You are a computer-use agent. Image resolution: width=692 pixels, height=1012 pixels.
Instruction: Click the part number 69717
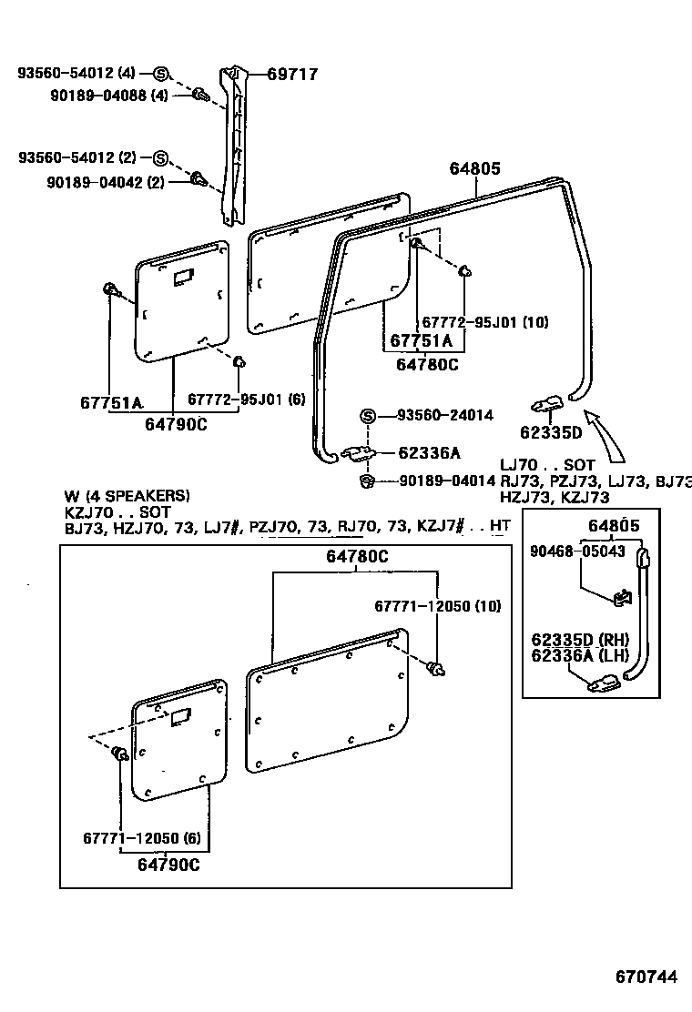292,75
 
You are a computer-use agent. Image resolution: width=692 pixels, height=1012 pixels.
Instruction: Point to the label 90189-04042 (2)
106,182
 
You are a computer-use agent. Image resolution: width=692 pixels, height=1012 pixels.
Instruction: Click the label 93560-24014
444,415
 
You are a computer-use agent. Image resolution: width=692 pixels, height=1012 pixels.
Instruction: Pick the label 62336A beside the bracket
429,452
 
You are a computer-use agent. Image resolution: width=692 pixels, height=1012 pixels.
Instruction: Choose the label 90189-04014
446,481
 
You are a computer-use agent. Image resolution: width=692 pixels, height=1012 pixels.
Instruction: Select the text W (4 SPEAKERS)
127,496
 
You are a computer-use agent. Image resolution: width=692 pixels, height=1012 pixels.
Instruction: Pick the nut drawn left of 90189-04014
368,481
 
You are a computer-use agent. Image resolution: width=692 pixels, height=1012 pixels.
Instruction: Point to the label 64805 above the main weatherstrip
475,168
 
